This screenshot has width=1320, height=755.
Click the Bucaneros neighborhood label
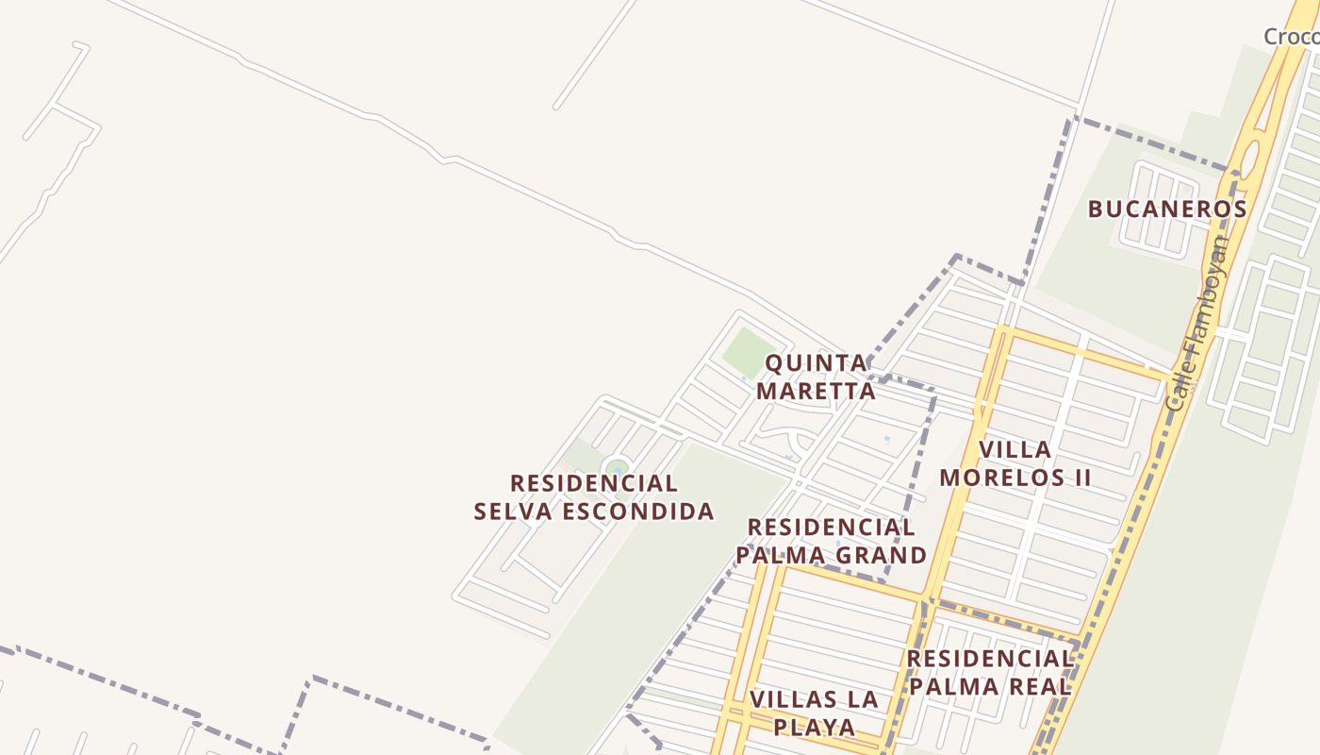pyautogui.click(x=1167, y=209)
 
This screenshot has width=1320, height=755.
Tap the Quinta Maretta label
pyautogui.click(x=817, y=377)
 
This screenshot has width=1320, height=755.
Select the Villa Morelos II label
pyautogui.click(x=1015, y=463)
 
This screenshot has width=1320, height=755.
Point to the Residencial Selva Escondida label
pyautogui.click(x=594, y=497)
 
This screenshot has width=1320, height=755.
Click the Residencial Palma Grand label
pyautogui.click(x=831, y=541)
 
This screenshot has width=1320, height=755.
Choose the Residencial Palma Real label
pyautogui.click(x=989, y=672)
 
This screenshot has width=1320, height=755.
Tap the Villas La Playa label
pyautogui.click(x=815, y=713)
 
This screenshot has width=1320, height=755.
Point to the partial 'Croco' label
pyautogui.click(x=1291, y=37)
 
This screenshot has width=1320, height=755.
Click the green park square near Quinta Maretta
pyautogui.click(x=750, y=351)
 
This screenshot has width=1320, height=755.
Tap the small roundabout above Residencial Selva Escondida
pyautogui.click(x=617, y=467)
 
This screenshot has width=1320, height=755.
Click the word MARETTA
pyautogui.click(x=817, y=391)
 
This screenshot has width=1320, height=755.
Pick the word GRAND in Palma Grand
pyautogui.click(x=883, y=555)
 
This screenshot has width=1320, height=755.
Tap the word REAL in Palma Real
pyautogui.click(x=1040, y=686)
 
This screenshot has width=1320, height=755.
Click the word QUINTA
pyautogui.click(x=817, y=363)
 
